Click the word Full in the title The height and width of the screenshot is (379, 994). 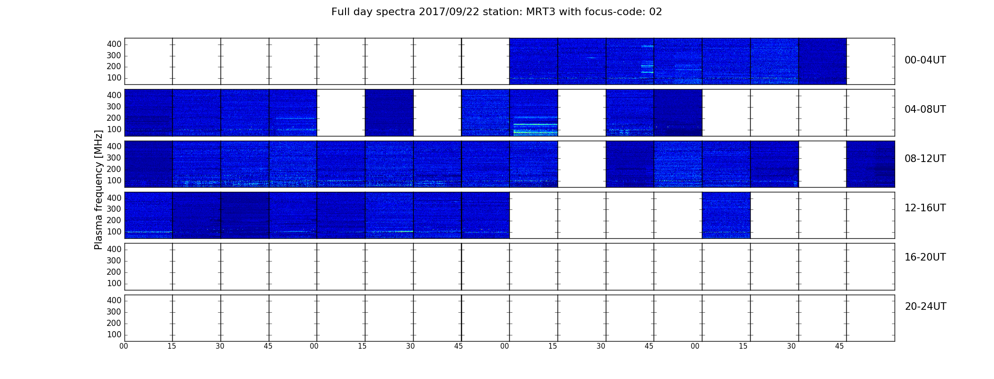339,12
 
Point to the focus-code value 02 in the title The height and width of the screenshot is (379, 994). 656,12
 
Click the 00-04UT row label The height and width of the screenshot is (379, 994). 925,60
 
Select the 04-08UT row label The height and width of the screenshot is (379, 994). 925,109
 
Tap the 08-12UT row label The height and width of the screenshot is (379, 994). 925,159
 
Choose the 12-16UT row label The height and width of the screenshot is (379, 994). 925,208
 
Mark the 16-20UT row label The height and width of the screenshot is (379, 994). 925,257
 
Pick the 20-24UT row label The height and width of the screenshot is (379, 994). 925,307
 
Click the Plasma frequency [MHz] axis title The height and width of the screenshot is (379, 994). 98,189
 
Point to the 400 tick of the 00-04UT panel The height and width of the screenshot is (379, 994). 114,44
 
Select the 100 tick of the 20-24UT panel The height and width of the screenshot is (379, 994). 114,334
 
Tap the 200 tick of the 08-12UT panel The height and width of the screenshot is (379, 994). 114,169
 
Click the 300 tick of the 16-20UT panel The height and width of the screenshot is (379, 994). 114,261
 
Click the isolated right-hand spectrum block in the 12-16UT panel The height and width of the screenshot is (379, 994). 726,215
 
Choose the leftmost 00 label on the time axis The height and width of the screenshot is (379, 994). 124,346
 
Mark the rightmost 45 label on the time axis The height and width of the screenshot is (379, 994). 839,346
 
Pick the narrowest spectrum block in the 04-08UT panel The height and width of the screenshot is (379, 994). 389,113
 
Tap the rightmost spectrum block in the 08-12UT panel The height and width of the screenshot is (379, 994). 870,164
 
